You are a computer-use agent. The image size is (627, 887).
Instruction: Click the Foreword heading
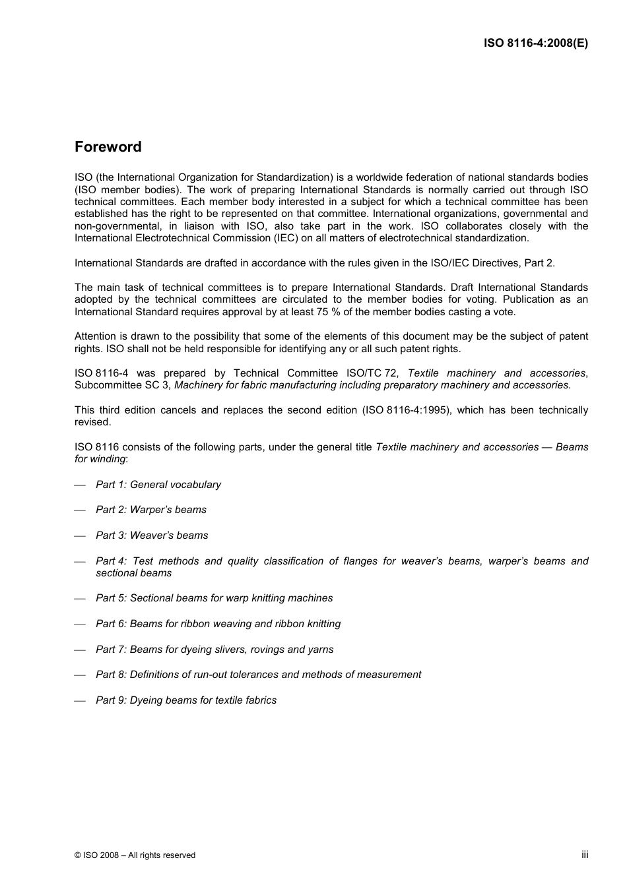coord(108,147)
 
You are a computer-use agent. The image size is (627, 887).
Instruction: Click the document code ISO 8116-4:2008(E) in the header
coord(535,43)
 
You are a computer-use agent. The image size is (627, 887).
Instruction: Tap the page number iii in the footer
coord(585,854)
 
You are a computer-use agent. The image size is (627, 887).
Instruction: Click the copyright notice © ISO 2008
coord(135,855)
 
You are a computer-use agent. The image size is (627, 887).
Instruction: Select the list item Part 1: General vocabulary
coord(158,485)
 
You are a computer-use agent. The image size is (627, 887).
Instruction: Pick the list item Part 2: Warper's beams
coord(151,510)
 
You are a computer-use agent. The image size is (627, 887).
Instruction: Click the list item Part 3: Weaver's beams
coord(152,535)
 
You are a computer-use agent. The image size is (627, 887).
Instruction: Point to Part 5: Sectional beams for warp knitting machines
coord(214,598)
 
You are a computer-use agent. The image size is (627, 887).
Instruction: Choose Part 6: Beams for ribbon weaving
coord(218,624)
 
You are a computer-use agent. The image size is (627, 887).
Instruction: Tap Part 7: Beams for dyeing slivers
coord(214,650)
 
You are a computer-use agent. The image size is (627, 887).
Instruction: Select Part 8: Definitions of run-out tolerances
coord(258,675)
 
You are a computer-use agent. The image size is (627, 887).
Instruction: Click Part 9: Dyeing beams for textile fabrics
coord(186,700)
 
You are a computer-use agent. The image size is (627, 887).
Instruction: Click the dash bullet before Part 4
coord(81,562)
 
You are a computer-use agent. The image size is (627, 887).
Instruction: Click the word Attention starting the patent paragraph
coord(95,336)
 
